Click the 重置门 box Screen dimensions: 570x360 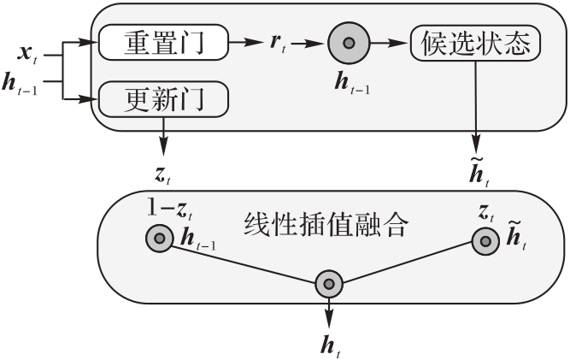point(163,43)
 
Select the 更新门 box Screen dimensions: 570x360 point(163,99)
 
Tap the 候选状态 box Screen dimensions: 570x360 point(475,43)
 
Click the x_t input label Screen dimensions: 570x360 point(27,55)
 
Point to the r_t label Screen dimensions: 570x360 point(278,44)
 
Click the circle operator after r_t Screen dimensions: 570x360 point(349,43)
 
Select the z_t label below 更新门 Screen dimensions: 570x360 point(162,175)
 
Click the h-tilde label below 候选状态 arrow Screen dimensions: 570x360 point(479,173)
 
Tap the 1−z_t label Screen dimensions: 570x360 point(170,210)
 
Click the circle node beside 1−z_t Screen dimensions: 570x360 point(160,239)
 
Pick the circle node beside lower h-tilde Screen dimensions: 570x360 point(485,241)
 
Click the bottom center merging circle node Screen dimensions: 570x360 point(329,284)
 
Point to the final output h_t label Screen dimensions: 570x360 point(331,345)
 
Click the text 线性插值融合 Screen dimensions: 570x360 point(325,225)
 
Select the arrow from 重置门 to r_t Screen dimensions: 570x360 point(246,43)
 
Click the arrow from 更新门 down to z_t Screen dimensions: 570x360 point(163,137)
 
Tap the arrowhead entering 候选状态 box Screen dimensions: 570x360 point(399,43)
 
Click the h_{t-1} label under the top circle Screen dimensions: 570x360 point(352,83)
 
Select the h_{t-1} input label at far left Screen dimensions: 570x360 point(20,85)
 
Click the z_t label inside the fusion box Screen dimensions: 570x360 point(486,213)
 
